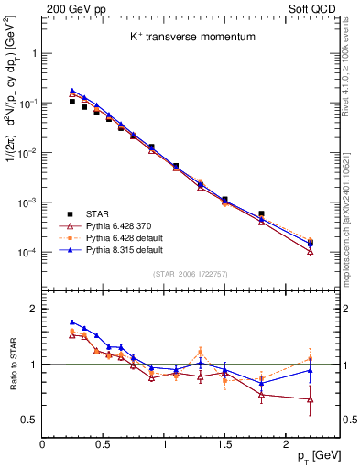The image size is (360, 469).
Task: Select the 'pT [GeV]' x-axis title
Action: click(311, 455)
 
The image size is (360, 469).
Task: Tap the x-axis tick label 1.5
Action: click(224, 442)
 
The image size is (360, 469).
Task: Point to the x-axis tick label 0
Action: click(42, 442)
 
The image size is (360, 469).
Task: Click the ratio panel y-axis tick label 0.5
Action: click(28, 420)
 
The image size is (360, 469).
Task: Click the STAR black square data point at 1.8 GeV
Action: click(261, 213)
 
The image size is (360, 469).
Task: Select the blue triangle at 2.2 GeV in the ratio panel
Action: click(310, 370)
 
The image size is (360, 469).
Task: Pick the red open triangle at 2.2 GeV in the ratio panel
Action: click(310, 399)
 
